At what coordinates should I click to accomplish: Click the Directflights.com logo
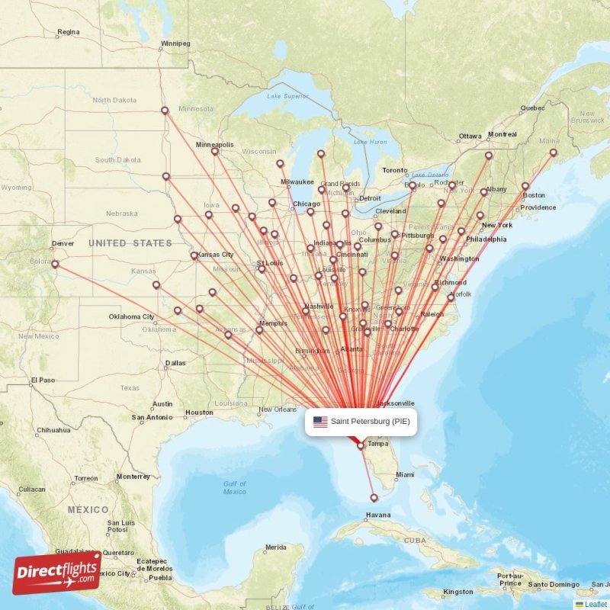click(57, 573)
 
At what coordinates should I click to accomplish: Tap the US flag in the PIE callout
click(320, 422)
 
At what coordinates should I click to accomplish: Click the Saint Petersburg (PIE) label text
click(370, 422)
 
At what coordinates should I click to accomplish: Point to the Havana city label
click(377, 515)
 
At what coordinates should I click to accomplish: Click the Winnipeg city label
click(175, 43)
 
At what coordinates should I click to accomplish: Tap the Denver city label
click(63, 244)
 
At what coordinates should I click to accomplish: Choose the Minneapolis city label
click(215, 144)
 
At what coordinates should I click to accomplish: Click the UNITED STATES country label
click(130, 242)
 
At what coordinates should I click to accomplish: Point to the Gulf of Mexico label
click(235, 487)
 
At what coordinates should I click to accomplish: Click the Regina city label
click(68, 32)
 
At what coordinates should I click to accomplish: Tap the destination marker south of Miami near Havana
click(374, 498)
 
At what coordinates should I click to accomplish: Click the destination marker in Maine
click(554, 153)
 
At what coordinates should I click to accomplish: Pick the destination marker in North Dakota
click(165, 111)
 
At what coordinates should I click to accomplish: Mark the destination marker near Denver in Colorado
click(55, 264)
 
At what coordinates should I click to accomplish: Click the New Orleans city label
click(277, 409)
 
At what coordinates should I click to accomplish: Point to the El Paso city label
click(43, 380)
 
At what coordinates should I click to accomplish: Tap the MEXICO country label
click(87, 509)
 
